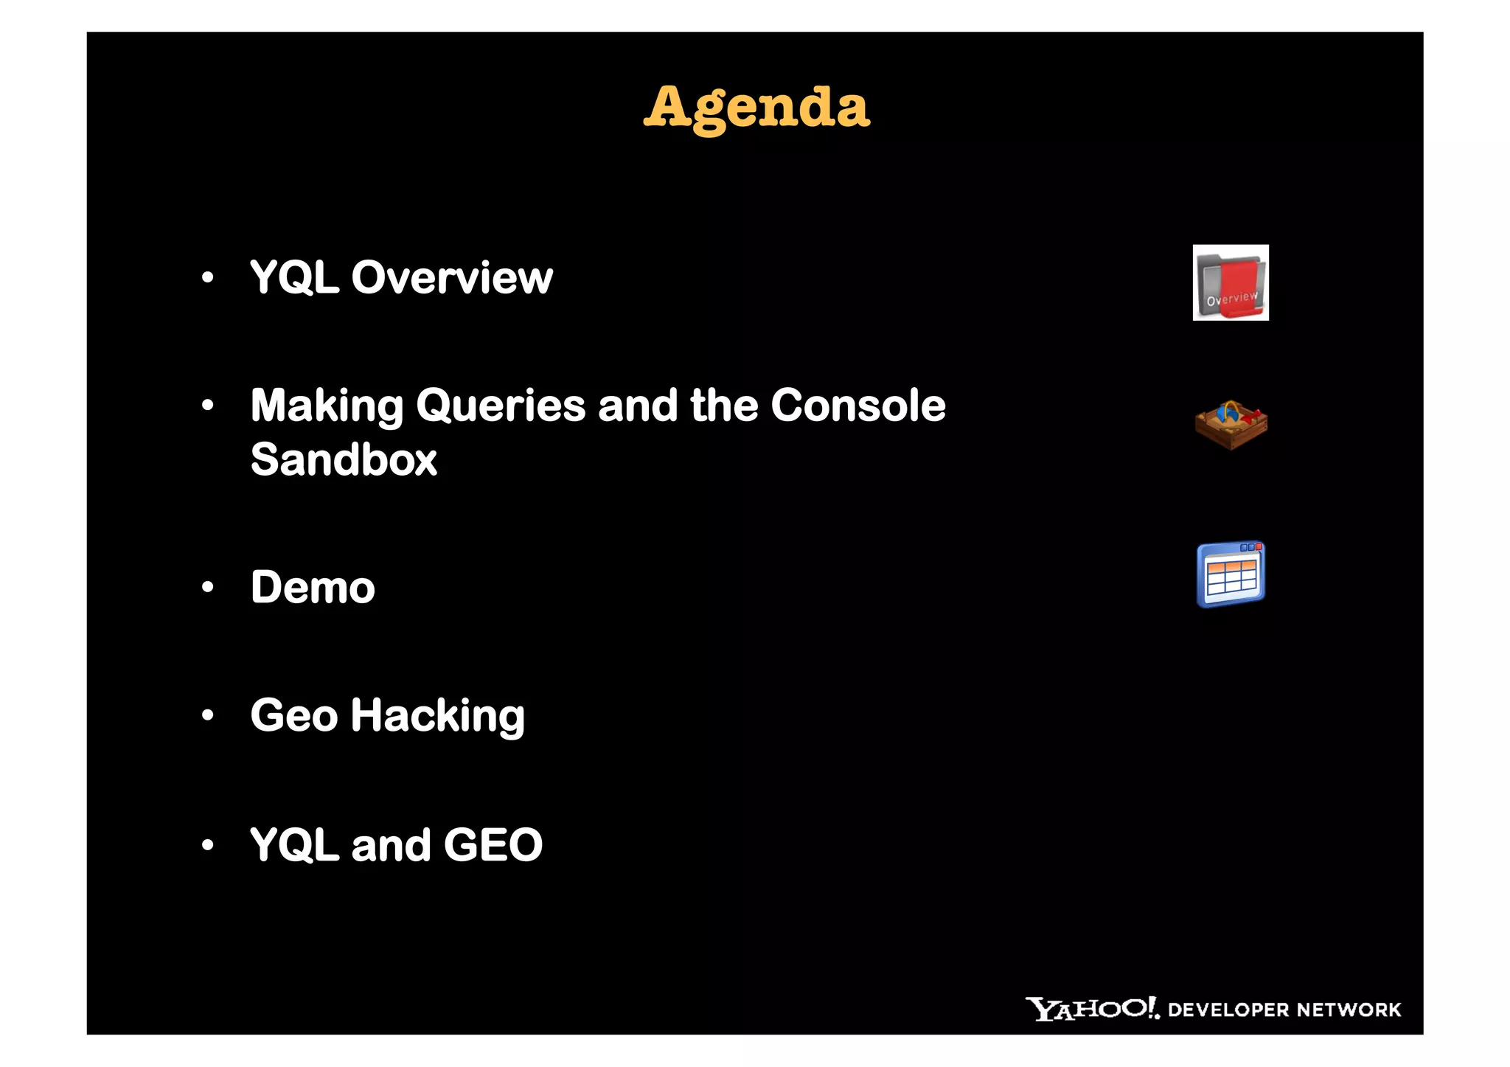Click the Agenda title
pyautogui.click(x=756, y=108)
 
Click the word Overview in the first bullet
pyautogui.click(x=451, y=278)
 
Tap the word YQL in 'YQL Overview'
pyautogui.click(x=294, y=278)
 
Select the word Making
pyautogui.click(x=327, y=406)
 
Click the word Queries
pyautogui.click(x=501, y=406)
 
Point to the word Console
pyautogui.click(x=857, y=405)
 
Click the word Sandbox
pyautogui.click(x=344, y=459)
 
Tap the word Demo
pyautogui.click(x=313, y=588)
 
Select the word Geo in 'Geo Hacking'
pyautogui.click(x=293, y=715)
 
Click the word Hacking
pyautogui.click(x=437, y=715)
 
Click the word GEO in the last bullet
pyautogui.click(x=493, y=844)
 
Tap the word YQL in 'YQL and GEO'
pyautogui.click(x=294, y=844)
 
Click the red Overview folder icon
pyautogui.click(x=1230, y=282)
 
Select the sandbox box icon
pyautogui.click(x=1231, y=425)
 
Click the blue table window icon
pyautogui.click(x=1230, y=574)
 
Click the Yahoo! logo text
pyautogui.click(x=1091, y=1008)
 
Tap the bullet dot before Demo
pyautogui.click(x=208, y=587)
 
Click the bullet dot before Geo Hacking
pyautogui.click(x=208, y=715)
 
